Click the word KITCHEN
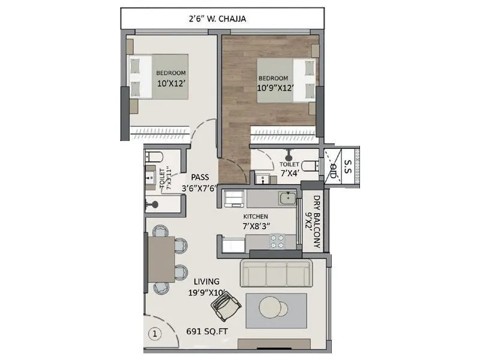[256, 216]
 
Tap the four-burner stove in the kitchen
[277, 241]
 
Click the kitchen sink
[287, 197]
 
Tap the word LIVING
[206, 281]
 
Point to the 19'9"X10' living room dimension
[205, 293]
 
